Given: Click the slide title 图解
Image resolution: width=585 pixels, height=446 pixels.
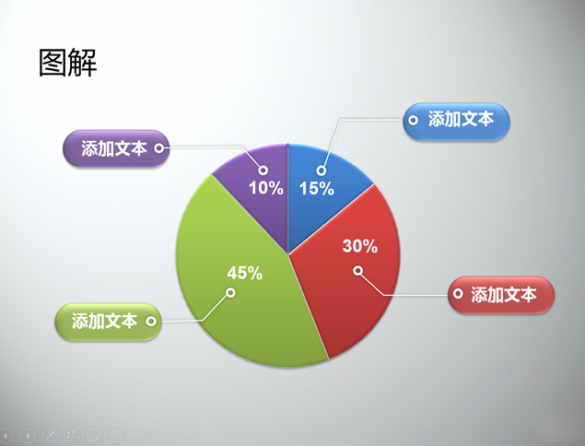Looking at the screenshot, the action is (x=68, y=63).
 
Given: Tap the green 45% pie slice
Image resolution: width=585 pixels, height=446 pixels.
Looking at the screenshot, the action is (x=239, y=291).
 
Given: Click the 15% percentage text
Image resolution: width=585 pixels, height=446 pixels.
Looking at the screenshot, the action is (x=317, y=189).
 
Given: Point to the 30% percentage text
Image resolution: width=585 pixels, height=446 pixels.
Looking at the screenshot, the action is (x=360, y=246).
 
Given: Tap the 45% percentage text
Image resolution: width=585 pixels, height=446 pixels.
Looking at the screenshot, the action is (x=245, y=273).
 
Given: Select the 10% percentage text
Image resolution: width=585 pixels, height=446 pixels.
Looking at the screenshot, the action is (x=266, y=188).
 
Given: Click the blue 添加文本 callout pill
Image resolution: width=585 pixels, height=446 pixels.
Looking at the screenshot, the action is (x=456, y=122).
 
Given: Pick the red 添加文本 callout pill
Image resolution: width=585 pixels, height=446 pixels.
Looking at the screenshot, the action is (x=501, y=295).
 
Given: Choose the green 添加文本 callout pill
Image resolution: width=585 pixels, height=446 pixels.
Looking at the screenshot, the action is (x=108, y=322).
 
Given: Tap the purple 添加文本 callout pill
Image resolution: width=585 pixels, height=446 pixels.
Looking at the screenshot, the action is (x=116, y=148).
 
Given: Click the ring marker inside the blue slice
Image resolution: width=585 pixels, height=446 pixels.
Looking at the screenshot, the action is (x=322, y=170).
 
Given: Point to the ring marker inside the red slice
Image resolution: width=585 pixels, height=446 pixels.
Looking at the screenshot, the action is (x=358, y=270).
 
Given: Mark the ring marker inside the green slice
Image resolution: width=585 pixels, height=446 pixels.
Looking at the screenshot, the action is (x=231, y=292).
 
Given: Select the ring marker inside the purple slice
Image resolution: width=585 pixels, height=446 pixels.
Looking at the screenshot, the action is (x=263, y=170).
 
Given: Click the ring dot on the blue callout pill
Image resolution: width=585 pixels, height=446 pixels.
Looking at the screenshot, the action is (x=413, y=120).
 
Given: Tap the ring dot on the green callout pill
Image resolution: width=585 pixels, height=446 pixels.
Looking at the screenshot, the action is (x=151, y=321).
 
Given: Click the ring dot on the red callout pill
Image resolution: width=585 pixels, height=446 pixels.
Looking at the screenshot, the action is (x=458, y=294).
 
